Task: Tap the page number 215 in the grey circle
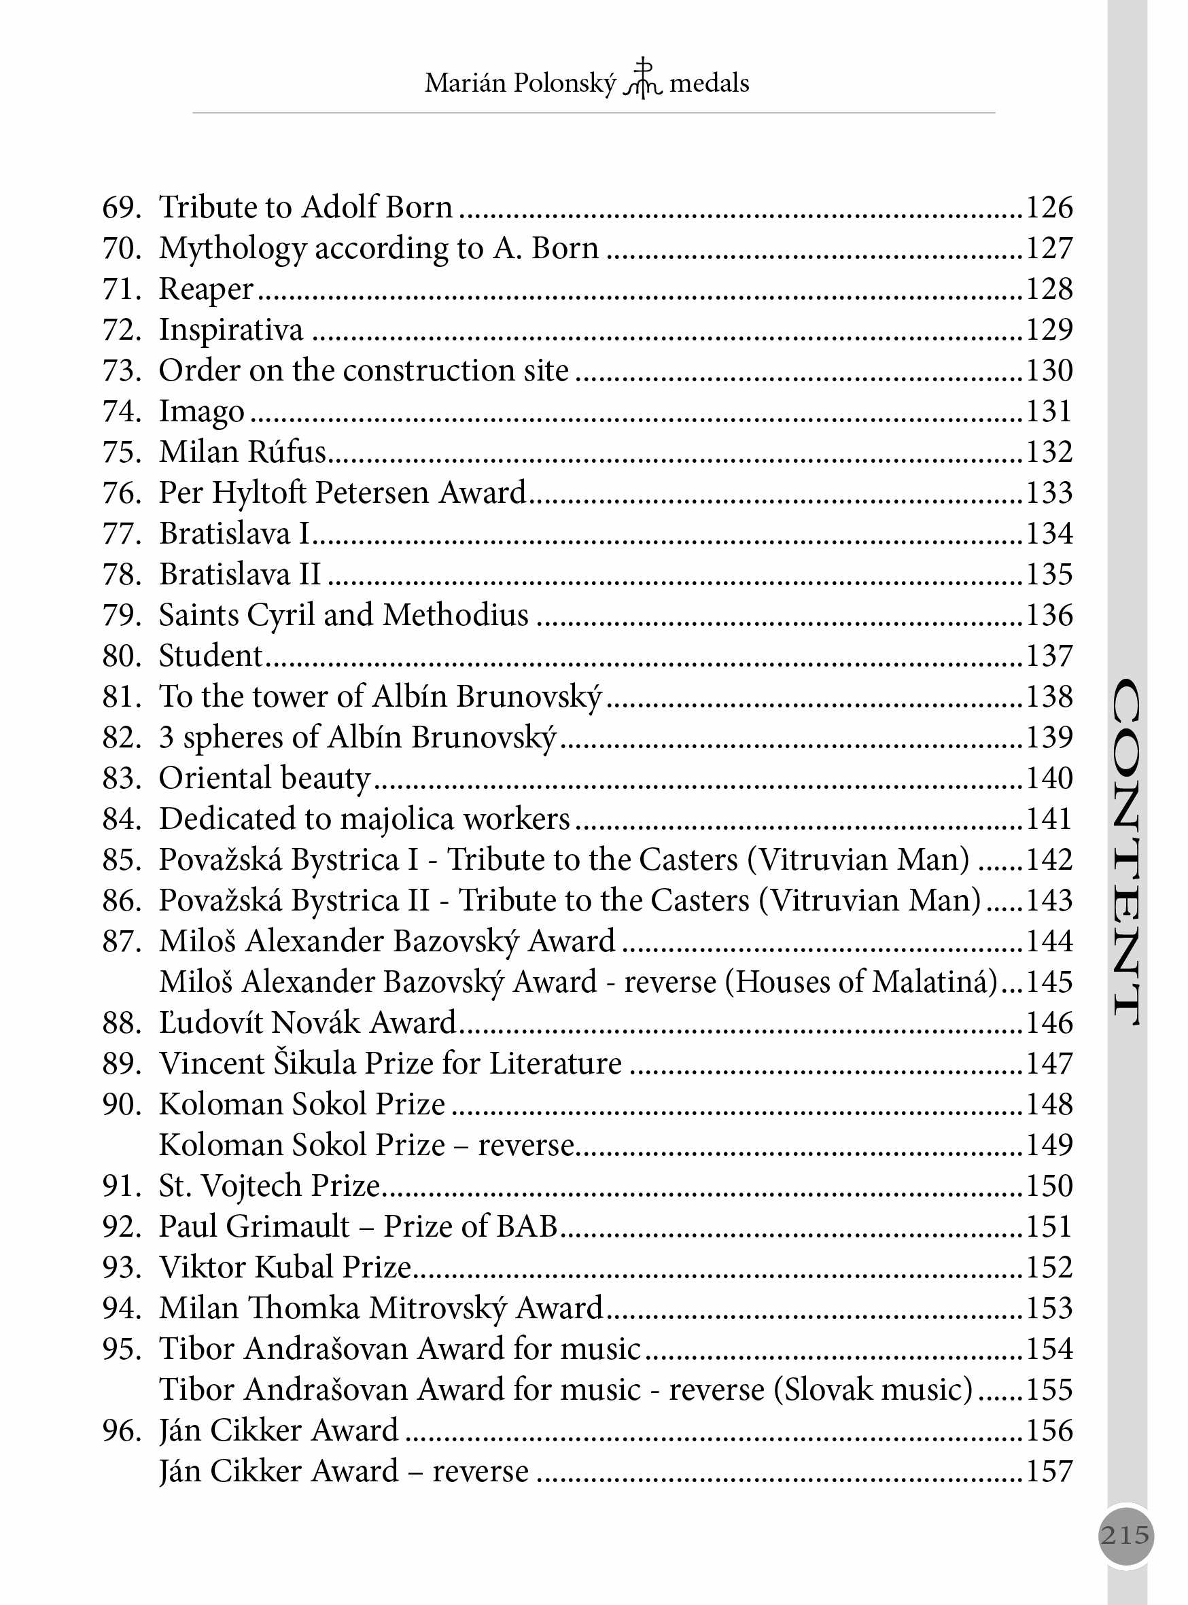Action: tap(1125, 1535)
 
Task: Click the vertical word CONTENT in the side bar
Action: tap(1126, 852)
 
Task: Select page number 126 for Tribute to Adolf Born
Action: tap(1049, 207)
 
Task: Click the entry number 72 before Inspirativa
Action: tap(122, 330)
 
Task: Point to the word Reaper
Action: tap(207, 289)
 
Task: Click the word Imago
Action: tap(201, 412)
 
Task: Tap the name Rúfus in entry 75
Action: tap(286, 452)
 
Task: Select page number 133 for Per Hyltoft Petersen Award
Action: tap(1049, 493)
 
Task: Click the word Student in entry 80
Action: tap(211, 656)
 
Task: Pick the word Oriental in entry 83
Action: tap(214, 778)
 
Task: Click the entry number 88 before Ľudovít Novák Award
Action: tap(122, 1023)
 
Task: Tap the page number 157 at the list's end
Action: tap(1049, 1471)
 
